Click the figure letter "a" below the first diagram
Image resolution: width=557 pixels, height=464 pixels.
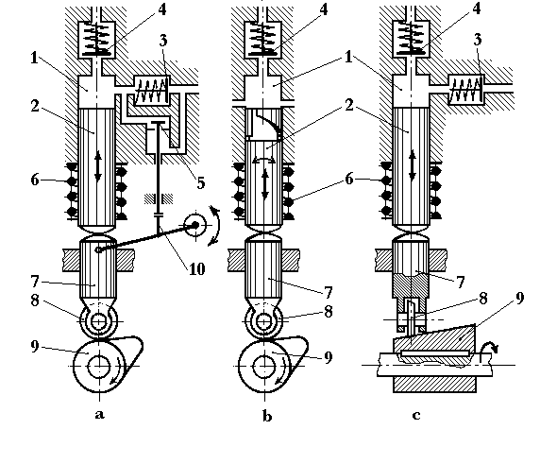point(100,415)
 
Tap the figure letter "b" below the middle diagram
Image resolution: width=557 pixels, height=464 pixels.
point(267,415)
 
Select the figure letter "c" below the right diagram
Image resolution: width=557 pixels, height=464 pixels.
point(416,415)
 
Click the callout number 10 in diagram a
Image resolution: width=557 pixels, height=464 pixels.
point(196,269)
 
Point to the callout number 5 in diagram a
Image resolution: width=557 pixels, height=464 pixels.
point(201,183)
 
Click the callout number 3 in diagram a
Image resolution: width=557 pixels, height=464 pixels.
point(162,41)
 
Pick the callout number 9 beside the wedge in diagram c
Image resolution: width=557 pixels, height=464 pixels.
point(519,298)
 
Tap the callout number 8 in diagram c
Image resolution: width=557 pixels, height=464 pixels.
point(482,298)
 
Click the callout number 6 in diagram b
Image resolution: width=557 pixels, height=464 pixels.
point(349,179)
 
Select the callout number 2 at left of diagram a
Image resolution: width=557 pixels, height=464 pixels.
point(34,106)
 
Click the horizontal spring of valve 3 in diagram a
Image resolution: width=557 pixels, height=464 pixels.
point(152,91)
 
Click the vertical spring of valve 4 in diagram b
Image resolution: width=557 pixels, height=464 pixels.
point(262,39)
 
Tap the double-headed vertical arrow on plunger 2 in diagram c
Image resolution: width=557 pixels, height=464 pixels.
point(413,166)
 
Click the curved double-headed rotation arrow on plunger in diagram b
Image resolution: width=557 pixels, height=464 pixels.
point(264,161)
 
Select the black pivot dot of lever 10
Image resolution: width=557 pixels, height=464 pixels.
point(195,225)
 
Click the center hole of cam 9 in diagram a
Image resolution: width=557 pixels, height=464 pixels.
point(99,366)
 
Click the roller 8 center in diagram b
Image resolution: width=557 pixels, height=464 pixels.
point(264,321)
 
